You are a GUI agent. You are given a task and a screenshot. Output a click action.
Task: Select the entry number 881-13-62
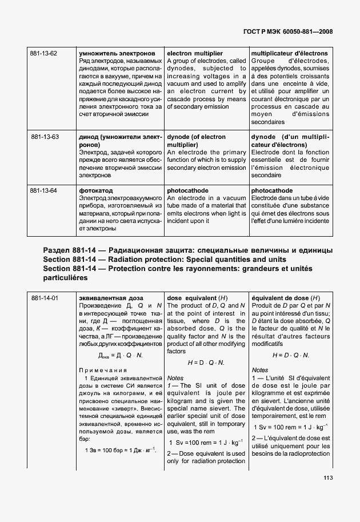click(45, 53)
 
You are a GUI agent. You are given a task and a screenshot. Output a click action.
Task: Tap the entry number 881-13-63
click(45, 137)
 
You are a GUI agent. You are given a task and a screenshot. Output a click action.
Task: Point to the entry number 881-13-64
click(45, 190)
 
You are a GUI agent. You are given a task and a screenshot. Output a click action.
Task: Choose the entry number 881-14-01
click(45, 298)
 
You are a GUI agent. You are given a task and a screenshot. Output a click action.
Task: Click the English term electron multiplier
click(195, 53)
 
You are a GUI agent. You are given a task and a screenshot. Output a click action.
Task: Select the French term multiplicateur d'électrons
click(290, 53)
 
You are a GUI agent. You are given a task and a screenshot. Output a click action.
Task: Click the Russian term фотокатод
click(96, 190)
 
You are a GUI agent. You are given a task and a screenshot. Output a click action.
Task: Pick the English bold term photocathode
click(187, 190)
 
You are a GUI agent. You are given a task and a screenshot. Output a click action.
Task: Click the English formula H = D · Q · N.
click(206, 362)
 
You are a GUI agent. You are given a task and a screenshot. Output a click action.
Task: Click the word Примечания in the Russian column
click(100, 370)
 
